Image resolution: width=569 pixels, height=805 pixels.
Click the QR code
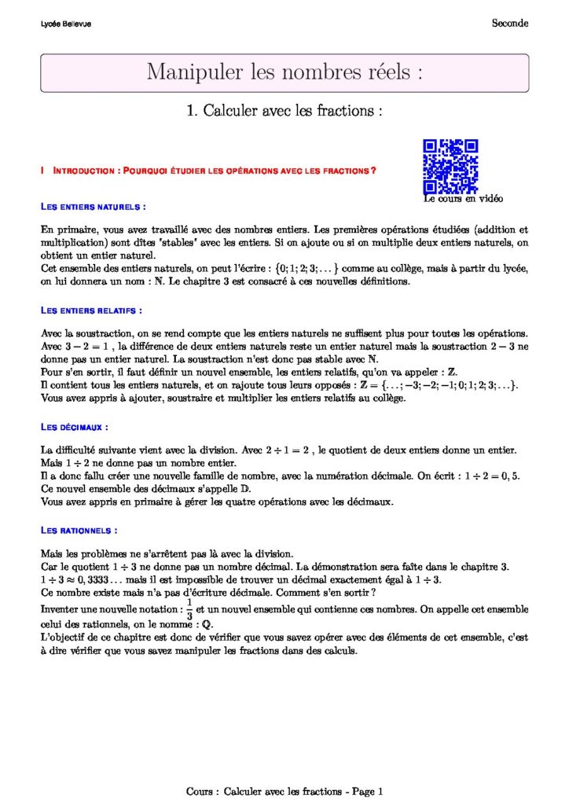click(450, 166)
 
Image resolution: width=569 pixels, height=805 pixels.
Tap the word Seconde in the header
click(510, 24)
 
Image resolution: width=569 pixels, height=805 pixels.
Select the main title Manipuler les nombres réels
click(284, 72)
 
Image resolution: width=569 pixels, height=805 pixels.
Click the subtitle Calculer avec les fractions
click(284, 111)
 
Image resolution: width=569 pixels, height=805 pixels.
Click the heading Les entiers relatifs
click(91, 311)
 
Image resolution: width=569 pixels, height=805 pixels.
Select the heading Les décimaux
click(74, 427)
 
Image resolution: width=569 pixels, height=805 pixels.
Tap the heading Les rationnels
click(79, 531)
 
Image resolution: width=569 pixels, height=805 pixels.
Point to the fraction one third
click(189, 608)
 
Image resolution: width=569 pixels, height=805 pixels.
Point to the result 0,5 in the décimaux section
click(511, 476)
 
